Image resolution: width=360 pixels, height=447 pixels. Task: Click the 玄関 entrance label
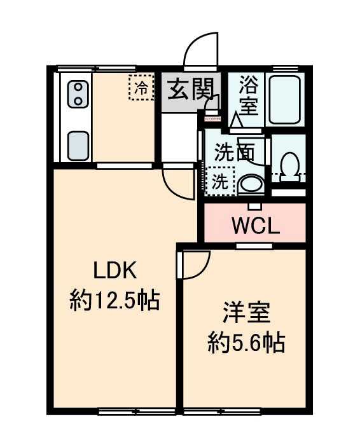tap(189, 92)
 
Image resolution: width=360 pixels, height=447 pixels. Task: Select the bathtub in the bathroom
tap(285, 99)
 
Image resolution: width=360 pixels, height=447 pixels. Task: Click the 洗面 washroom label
tap(235, 153)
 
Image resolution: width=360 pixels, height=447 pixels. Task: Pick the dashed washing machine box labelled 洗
tap(220, 181)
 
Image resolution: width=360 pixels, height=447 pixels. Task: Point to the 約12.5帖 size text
tap(114, 298)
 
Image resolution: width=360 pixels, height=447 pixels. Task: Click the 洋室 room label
tap(246, 315)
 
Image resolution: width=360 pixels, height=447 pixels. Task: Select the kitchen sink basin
tap(79, 145)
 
